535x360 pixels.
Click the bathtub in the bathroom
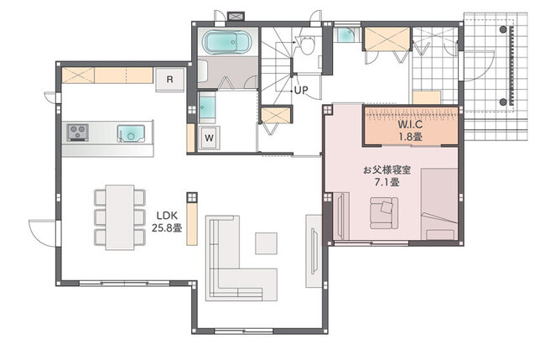(x=227, y=42)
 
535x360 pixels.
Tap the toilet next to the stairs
(x=308, y=45)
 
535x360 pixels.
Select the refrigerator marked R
(x=170, y=80)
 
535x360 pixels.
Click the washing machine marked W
(x=209, y=138)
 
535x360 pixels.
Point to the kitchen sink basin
(x=131, y=133)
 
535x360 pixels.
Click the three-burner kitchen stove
(x=78, y=133)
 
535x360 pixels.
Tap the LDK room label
(x=167, y=216)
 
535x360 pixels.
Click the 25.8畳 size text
(x=167, y=227)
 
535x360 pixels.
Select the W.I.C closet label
(x=410, y=124)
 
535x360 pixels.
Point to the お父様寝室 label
(x=387, y=170)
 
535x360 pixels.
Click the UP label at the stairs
(x=301, y=90)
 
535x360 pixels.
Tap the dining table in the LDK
(x=119, y=217)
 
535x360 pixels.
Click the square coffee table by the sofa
(x=266, y=243)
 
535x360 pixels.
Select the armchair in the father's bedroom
(x=384, y=213)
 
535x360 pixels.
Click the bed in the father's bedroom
(x=439, y=204)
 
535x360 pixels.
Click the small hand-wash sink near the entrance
(x=346, y=34)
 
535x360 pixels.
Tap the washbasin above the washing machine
(x=207, y=107)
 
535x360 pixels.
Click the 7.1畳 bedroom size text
(x=387, y=182)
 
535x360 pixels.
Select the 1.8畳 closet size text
(x=410, y=137)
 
